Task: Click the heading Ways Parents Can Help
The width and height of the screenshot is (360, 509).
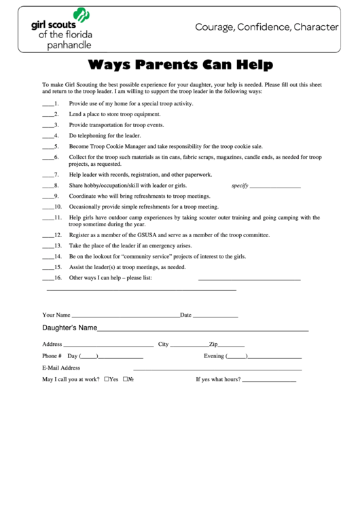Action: (x=180, y=65)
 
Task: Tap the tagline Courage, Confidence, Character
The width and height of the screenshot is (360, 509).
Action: (x=267, y=27)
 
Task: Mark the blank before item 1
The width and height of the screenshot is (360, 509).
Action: (x=48, y=104)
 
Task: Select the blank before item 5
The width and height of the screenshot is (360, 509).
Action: (x=48, y=147)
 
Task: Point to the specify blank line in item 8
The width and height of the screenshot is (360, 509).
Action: (x=276, y=186)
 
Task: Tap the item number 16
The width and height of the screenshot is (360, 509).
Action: (x=58, y=278)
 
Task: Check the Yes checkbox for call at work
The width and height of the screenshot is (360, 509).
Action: (x=107, y=379)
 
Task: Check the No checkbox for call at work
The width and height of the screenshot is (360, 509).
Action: (x=126, y=379)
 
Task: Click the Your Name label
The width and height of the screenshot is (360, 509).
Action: (x=56, y=315)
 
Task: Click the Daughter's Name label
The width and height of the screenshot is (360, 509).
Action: (x=69, y=328)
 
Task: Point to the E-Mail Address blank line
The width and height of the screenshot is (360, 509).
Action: (x=204, y=369)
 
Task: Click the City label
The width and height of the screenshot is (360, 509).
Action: (x=163, y=344)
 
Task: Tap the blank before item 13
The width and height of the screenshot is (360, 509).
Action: (x=48, y=246)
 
